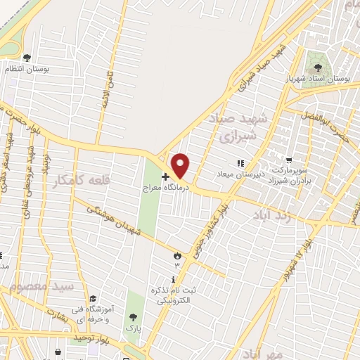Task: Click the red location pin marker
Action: click(x=181, y=165)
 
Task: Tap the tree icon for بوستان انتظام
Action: click(x=27, y=58)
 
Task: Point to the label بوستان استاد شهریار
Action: click(x=326, y=79)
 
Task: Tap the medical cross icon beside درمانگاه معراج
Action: click(x=165, y=176)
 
